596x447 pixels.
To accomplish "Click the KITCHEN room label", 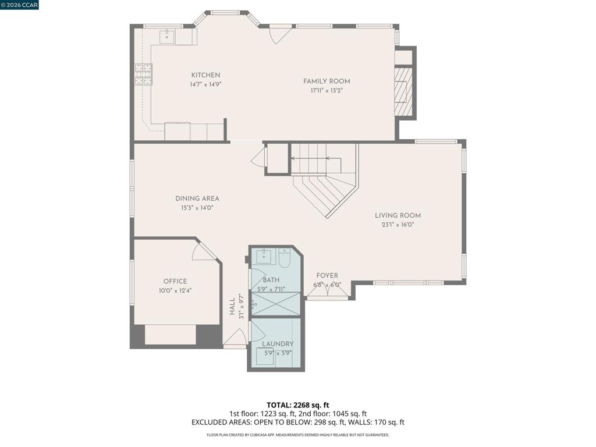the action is pos(205,75).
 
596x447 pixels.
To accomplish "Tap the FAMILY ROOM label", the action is pos(327,81).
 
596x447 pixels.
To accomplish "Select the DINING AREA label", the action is pos(197,198).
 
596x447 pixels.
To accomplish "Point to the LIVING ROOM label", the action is pos(398,215).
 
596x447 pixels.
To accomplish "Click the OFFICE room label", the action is pos(175,281).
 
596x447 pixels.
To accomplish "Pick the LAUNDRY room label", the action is pos(278,343).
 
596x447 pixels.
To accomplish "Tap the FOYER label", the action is pos(327,275).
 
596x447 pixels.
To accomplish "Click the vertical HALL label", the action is pos(232,306).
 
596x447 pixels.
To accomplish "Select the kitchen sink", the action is pos(167,37).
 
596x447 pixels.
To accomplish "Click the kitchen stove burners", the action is pos(143,74).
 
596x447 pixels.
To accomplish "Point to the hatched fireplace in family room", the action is pos(403,91).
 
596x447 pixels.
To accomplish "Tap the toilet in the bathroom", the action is pos(285,257).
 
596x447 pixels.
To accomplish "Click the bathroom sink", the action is pos(265,257).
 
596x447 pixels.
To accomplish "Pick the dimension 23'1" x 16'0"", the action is pos(398,225).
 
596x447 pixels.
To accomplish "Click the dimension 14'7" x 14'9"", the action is pos(205,84).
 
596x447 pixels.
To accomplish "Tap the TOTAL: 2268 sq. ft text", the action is pos(298,405).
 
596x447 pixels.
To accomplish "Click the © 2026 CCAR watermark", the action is pos(19,5).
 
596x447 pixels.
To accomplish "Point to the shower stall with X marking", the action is pos(275,304).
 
